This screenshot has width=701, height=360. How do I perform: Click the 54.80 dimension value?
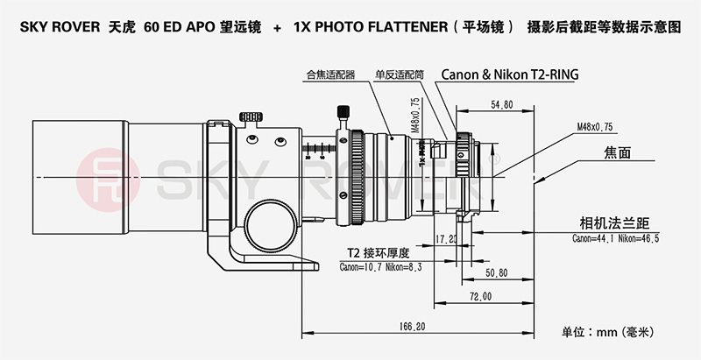[502, 105]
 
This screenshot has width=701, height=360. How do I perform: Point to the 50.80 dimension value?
[495, 273]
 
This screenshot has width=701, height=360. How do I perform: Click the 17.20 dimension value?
[447, 238]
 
